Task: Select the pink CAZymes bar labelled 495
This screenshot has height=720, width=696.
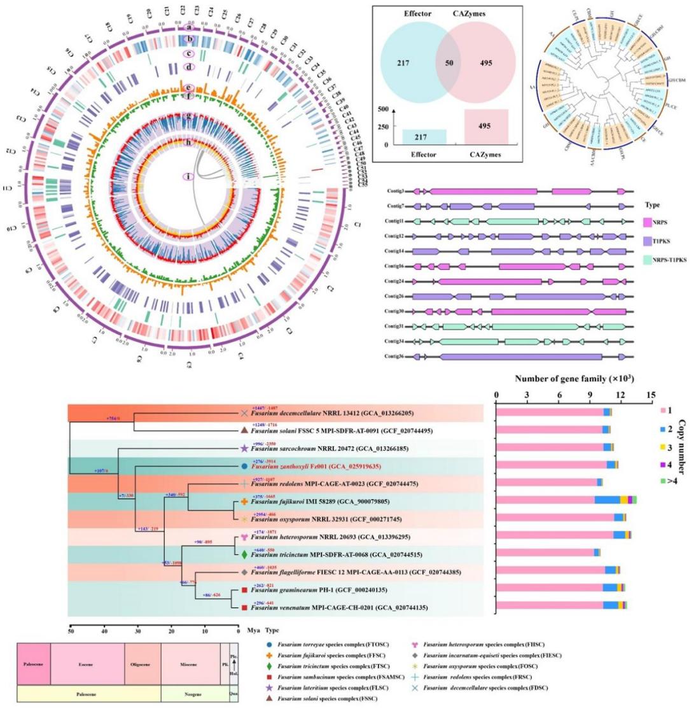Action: [x=485, y=126]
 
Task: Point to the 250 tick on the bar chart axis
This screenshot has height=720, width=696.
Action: [x=384, y=127]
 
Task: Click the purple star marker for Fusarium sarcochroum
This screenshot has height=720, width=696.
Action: [x=243, y=449]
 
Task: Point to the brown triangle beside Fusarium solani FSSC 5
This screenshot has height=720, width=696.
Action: [x=243, y=431]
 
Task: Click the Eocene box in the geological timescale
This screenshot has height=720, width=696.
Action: [x=86, y=665]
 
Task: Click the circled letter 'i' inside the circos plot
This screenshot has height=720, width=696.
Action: [x=188, y=176]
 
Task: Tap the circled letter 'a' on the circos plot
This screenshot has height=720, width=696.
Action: [x=188, y=27]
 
